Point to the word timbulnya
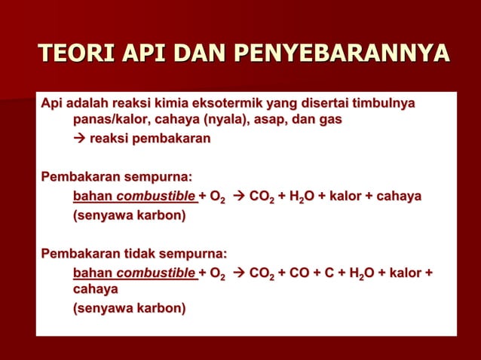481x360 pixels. (379, 102)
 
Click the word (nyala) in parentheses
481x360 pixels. (231, 120)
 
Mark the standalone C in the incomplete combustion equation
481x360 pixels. (336, 272)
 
